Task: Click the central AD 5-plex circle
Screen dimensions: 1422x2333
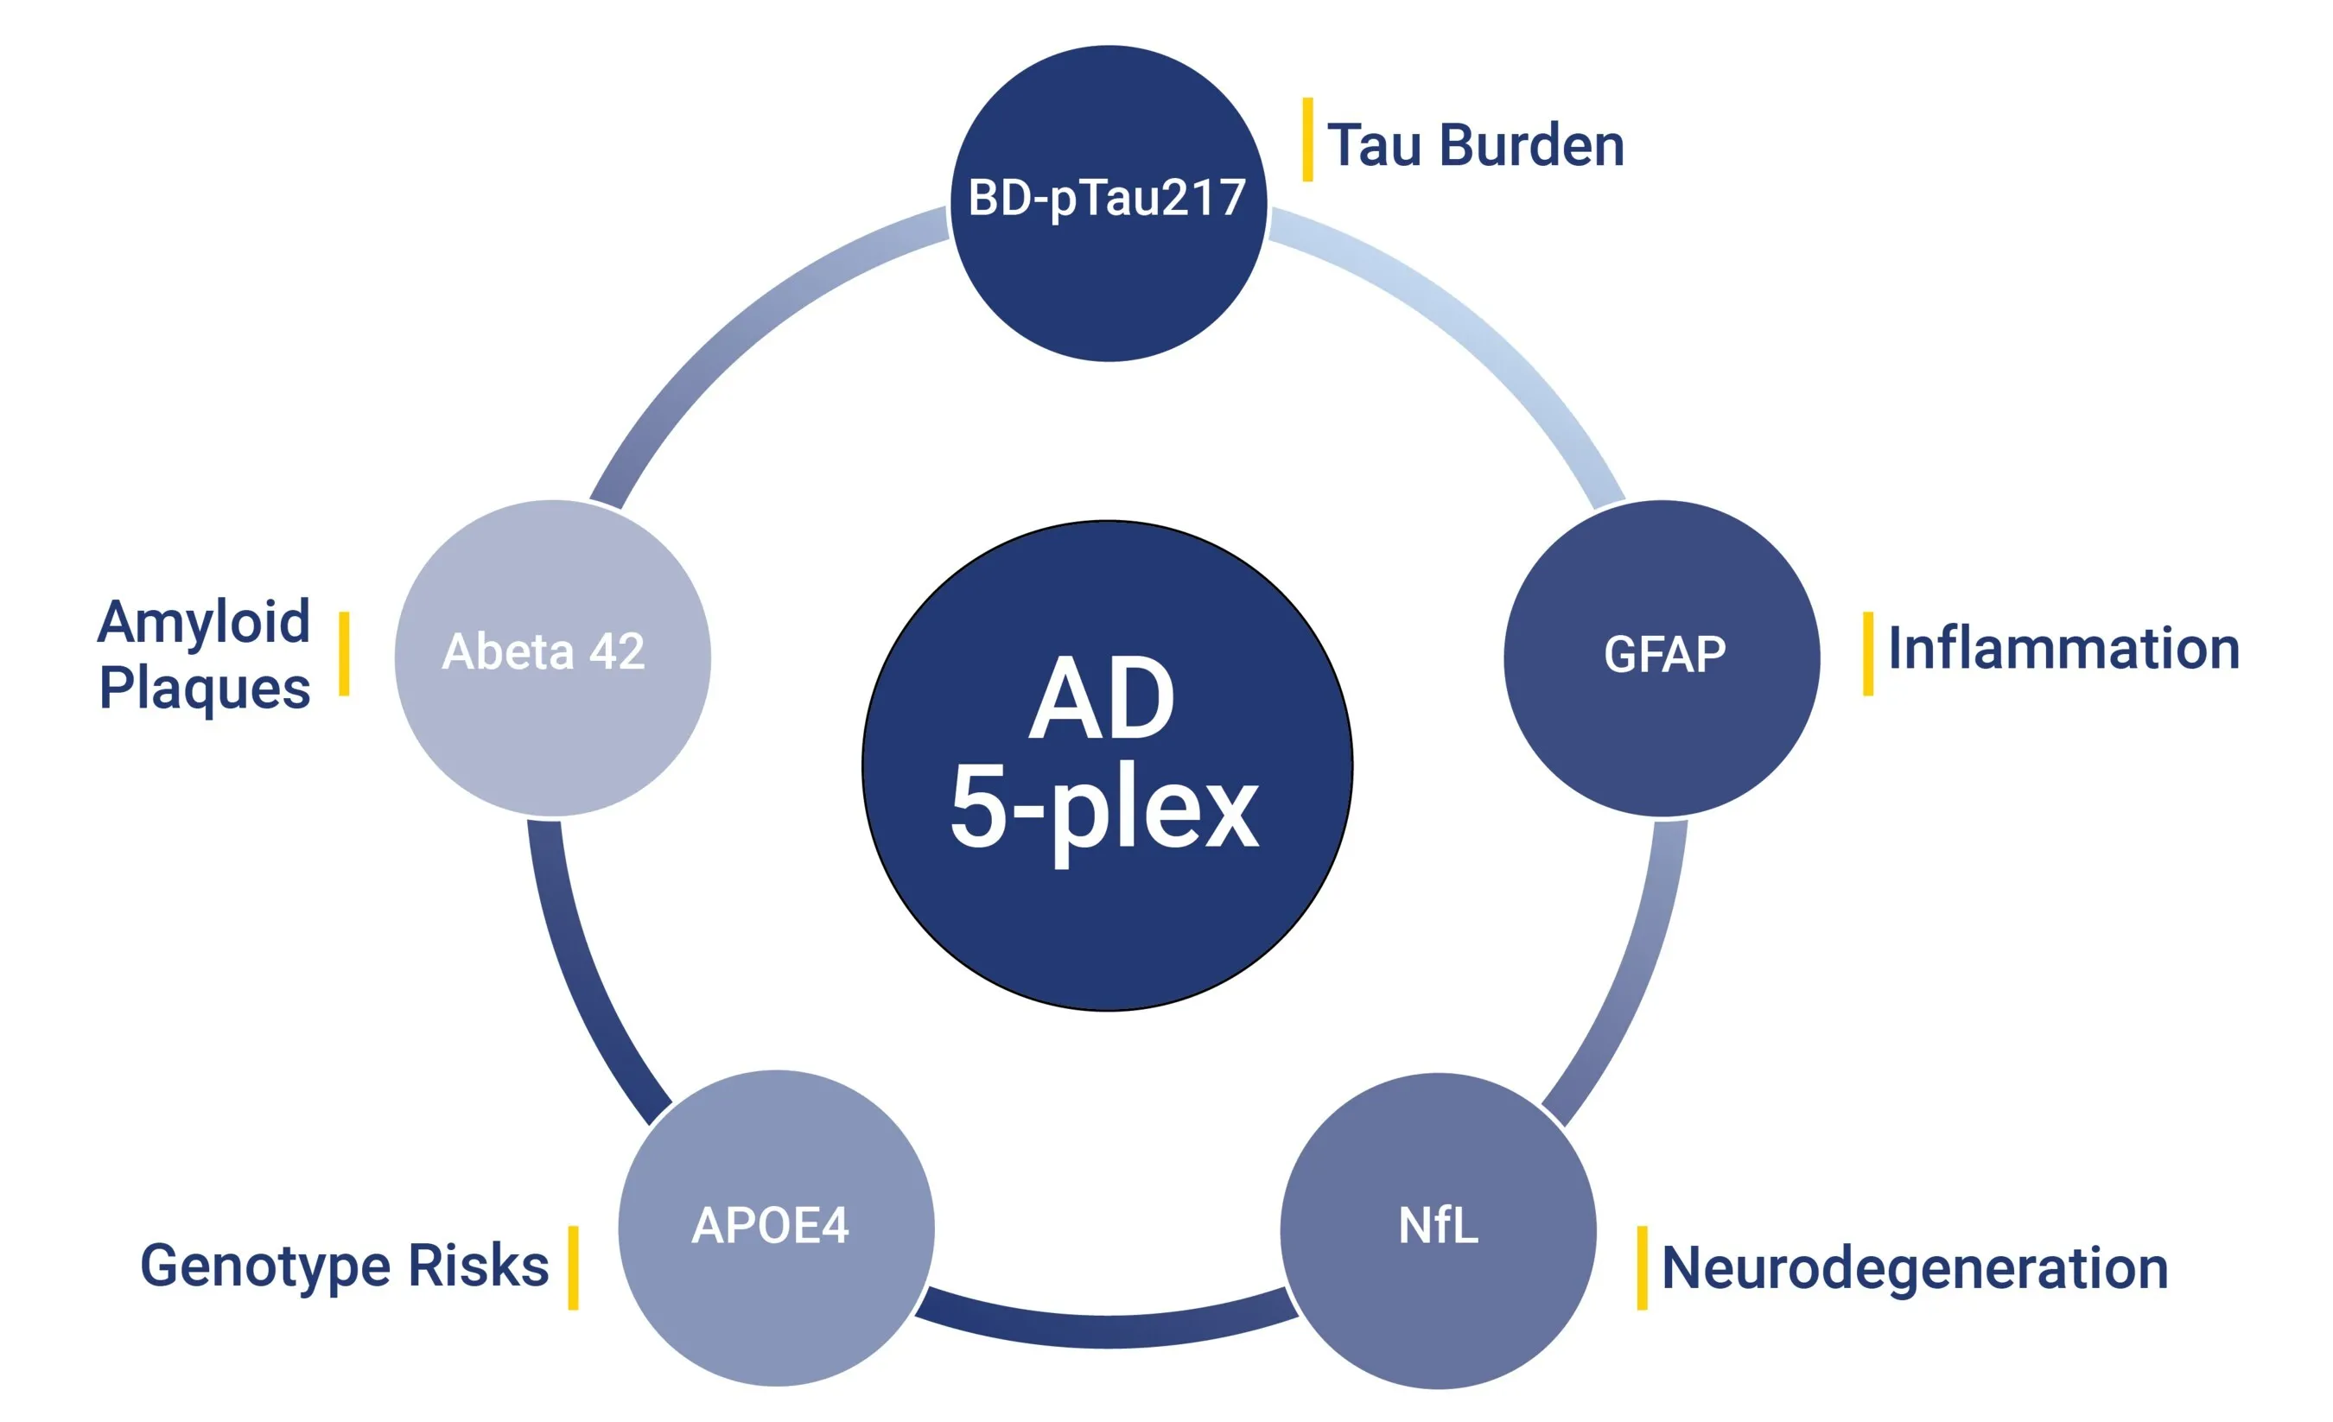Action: click(x=1107, y=765)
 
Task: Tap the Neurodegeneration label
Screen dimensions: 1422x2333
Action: click(x=1915, y=1267)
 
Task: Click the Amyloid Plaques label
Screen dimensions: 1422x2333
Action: click(x=205, y=653)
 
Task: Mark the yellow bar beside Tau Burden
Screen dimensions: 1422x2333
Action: click(x=1307, y=139)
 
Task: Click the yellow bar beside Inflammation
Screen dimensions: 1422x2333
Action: click(x=1867, y=653)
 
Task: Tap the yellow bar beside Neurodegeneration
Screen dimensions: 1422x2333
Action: click(x=1642, y=1267)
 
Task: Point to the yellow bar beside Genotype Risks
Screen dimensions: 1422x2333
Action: click(x=573, y=1267)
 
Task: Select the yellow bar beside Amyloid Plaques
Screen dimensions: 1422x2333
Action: click(x=344, y=653)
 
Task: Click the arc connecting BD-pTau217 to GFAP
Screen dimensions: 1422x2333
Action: click(x=1477, y=332)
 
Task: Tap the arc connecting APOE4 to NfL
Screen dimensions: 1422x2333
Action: click(x=1107, y=1330)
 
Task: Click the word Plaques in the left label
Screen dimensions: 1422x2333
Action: click(x=205, y=688)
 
